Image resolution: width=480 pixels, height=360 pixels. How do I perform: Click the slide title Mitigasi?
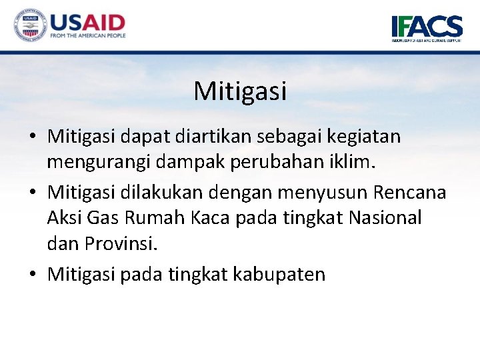point(240,91)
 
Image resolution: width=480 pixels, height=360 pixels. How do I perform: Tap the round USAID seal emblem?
point(29,26)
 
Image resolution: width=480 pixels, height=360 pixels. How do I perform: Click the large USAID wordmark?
point(87,21)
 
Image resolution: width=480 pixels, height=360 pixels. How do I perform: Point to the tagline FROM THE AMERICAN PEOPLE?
point(87,36)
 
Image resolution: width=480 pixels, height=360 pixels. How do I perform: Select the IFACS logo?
point(427,28)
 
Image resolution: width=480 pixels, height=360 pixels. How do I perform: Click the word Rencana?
point(409,193)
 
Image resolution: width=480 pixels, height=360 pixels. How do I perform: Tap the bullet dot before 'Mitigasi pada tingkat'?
point(33,274)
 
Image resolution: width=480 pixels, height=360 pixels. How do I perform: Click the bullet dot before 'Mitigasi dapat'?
point(33,137)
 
